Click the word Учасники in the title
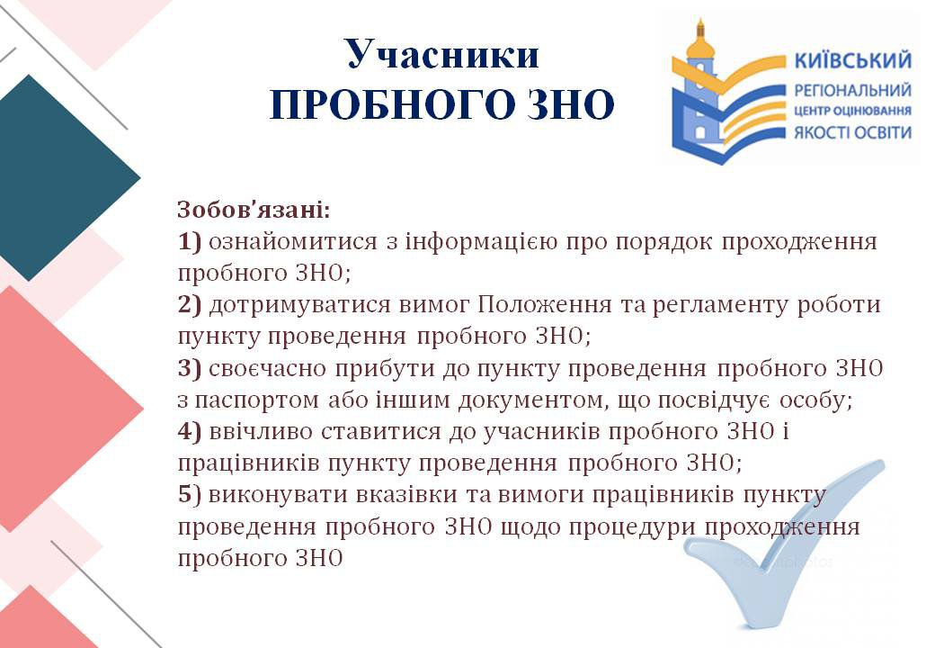442,54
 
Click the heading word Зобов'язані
254,210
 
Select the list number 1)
190,241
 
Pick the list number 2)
190,304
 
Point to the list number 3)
190,367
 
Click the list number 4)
190,431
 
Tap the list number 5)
190,494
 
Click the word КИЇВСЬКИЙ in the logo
853,60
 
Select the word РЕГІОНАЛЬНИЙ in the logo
852,91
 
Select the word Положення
545,304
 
